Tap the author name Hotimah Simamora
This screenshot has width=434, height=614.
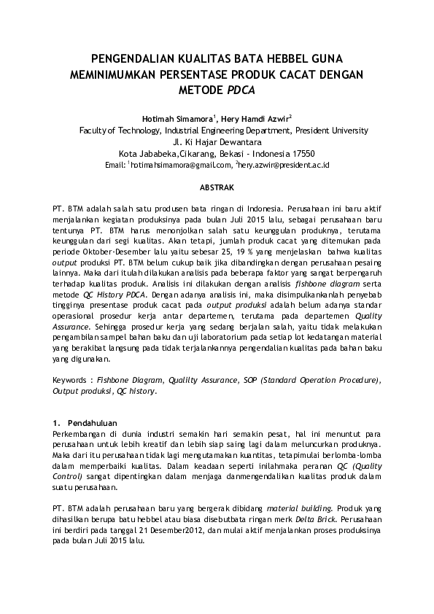coord(177,117)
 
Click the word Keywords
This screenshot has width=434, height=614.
coord(72,380)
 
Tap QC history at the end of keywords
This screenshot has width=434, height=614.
coord(134,391)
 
